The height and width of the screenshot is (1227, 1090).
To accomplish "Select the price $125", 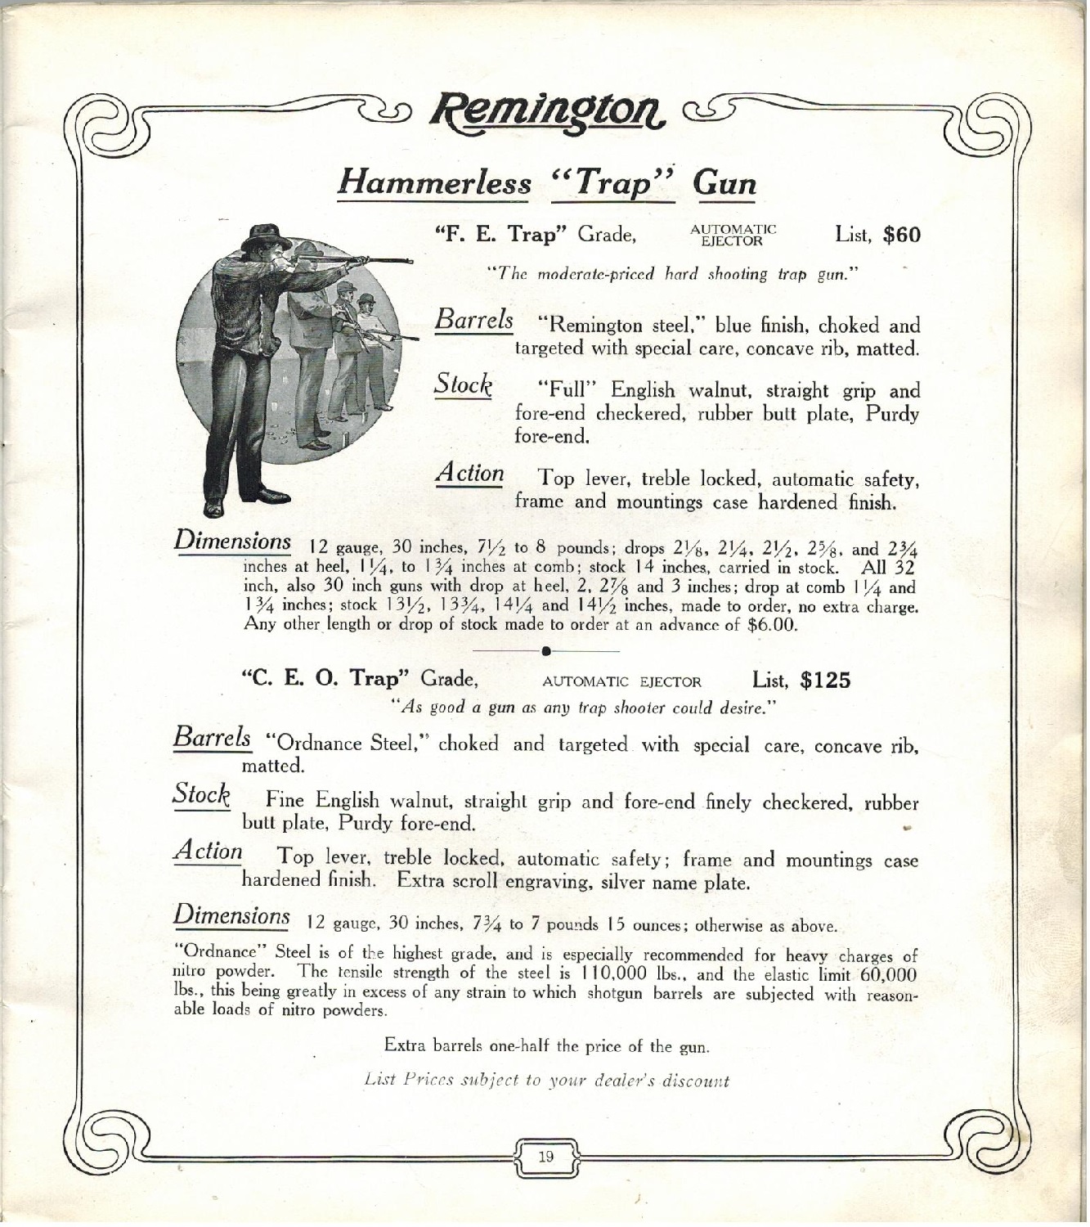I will pyautogui.click(x=825, y=681).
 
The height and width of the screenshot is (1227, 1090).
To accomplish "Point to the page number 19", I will pyautogui.click(x=546, y=1157).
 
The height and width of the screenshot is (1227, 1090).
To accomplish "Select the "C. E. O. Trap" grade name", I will pyautogui.click(x=328, y=679).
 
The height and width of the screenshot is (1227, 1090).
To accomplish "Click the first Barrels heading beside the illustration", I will pyautogui.click(x=474, y=319).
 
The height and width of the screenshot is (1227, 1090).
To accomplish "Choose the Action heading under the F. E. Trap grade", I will pyautogui.click(x=470, y=474).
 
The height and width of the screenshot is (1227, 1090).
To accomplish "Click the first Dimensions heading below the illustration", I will pyautogui.click(x=232, y=542).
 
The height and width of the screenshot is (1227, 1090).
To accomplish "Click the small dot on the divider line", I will pyautogui.click(x=545, y=650).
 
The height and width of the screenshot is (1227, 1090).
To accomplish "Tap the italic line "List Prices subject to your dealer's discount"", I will pyautogui.click(x=546, y=1081).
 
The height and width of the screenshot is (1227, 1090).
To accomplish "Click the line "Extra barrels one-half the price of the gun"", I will pyautogui.click(x=546, y=1046).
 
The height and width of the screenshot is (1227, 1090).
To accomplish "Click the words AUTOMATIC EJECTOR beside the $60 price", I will pyautogui.click(x=733, y=235).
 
